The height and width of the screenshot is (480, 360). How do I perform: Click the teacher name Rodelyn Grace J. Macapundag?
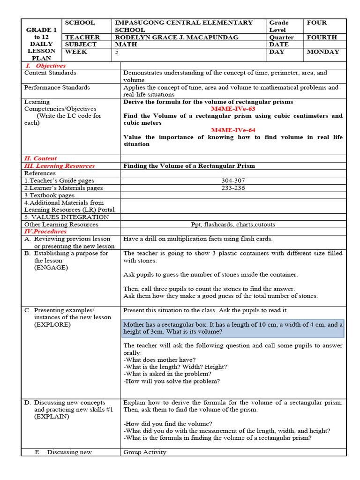[x=177, y=37]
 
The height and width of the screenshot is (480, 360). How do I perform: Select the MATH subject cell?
[x=125, y=45]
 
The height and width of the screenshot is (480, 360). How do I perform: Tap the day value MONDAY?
[x=322, y=52]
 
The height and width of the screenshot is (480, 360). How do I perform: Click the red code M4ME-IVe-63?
[x=232, y=109]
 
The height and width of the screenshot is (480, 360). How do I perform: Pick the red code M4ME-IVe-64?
[x=232, y=130]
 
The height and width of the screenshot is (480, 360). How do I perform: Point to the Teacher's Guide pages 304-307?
[x=232, y=180]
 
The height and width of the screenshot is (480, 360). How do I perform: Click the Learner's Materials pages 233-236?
[x=232, y=188]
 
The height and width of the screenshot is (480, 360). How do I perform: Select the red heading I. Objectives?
[x=45, y=66]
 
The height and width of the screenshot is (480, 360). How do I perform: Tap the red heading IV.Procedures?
[x=45, y=232]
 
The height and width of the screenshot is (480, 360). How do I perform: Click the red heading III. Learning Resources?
[x=59, y=166]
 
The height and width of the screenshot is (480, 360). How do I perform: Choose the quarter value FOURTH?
[x=322, y=37]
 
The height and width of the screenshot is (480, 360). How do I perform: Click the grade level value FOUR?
[x=317, y=22]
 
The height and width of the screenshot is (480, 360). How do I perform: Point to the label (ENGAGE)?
[x=51, y=268]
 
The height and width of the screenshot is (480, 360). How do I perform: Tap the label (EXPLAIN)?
[x=51, y=417]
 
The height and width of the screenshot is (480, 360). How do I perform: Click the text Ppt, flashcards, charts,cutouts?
[x=233, y=225]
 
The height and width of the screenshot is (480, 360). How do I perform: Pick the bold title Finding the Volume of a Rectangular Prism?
[x=189, y=166]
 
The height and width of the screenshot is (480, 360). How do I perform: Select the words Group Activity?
[x=145, y=452]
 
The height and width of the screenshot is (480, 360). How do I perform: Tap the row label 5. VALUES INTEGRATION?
[x=67, y=217]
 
